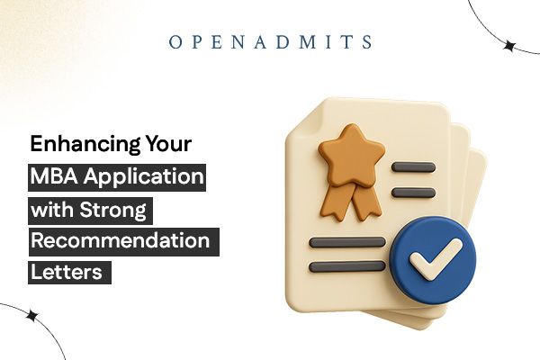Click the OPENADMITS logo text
coord(269,42)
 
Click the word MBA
coord(57,175)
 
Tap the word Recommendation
coord(120,241)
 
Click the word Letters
coord(68,274)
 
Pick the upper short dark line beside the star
coord(414,168)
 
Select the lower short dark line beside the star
coord(414,192)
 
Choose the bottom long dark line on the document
coord(346,266)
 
